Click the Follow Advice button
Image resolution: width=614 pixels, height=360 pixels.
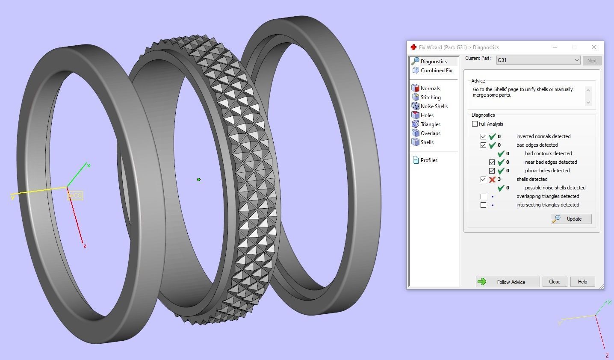coord(508,282)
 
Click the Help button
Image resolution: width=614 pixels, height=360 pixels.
coord(582,282)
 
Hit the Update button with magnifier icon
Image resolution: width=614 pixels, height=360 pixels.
coord(571,219)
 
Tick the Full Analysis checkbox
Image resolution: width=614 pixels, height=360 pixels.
coord(475,124)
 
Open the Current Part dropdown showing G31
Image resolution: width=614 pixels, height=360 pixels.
coord(538,60)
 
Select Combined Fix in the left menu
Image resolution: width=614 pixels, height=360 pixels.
coord(436,71)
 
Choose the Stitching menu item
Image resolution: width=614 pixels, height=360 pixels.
coord(430,97)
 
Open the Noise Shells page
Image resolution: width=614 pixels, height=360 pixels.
coord(434,106)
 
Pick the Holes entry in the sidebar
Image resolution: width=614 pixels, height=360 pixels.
coord(427,115)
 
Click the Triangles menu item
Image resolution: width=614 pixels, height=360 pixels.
coord(430,124)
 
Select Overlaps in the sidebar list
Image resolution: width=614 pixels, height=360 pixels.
coord(430,133)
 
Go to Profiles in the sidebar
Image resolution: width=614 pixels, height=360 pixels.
coord(428,160)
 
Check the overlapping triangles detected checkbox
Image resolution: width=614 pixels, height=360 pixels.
coord(483,197)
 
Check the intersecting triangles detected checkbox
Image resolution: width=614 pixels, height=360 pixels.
coord(483,205)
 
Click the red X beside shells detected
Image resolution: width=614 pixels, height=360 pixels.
coord(492,180)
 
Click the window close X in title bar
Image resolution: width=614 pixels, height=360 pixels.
coord(594,47)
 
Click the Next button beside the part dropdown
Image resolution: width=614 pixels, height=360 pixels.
coord(592,61)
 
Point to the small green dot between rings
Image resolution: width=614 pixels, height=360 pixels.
coord(199,180)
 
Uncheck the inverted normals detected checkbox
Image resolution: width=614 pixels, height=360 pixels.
coord(483,137)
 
